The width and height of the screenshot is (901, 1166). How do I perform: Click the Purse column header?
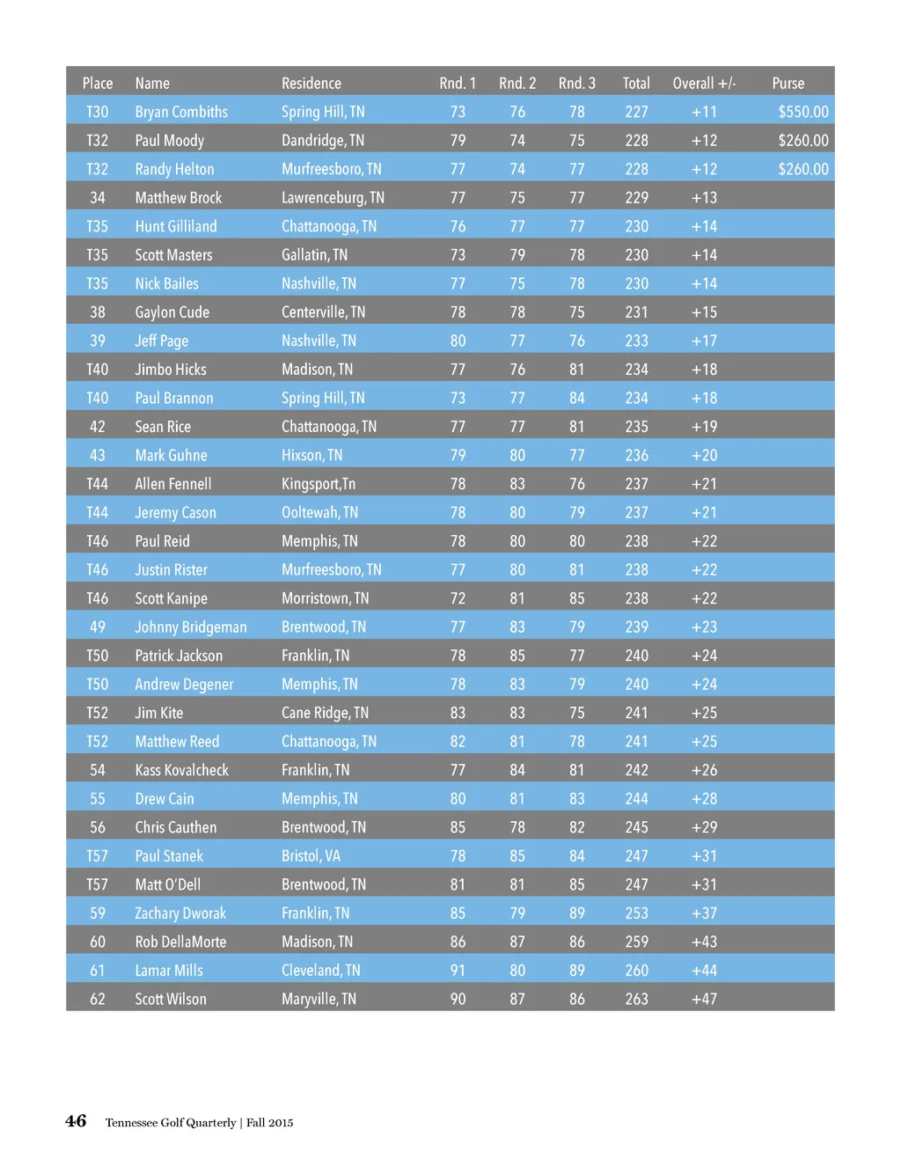tap(787, 84)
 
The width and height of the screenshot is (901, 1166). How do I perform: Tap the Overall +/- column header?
tap(704, 84)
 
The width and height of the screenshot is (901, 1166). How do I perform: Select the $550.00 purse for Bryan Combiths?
tap(802, 112)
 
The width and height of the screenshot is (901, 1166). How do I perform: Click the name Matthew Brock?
tap(179, 198)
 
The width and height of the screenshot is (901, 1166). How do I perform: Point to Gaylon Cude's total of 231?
tap(636, 312)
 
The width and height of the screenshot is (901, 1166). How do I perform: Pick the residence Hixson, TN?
tap(311, 455)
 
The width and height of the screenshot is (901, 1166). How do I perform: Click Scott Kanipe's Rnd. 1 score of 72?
tap(458, 598)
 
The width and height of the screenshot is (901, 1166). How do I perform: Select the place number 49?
tap(98, 627)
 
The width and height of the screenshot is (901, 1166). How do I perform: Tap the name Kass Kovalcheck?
tap(181, 770)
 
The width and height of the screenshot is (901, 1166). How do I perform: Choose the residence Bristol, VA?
tap(311, 856)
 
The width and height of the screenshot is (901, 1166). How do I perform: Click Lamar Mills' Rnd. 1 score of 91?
tap(458, 971)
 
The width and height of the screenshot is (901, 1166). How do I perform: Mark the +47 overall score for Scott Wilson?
tap(704, 999)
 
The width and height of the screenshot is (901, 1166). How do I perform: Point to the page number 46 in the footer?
tap(76, 1121)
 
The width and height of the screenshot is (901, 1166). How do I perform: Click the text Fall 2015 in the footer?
tap(270, 1123)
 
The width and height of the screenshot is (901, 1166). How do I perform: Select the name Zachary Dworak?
tap(180, 913)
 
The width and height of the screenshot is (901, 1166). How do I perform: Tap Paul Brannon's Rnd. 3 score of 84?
tap(576, 398)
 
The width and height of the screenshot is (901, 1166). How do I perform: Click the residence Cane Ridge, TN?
tap(325, 713)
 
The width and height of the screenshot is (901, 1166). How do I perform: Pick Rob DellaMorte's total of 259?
tap(636, 942)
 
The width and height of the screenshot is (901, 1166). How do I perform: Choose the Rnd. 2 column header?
tap(517, 84)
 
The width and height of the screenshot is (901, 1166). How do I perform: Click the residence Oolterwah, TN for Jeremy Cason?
tap(319, 512)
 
